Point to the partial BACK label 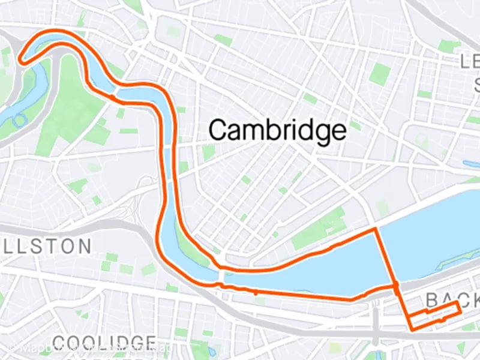pyautogui.click(x=450, y=299)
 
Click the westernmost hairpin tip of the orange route pyautogui.click(x=20, y=59)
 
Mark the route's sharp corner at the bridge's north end pyautogui.click(x=376, y=229)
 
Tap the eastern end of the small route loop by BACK pyautogui.click(x=460, y=308)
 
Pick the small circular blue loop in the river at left pyautogui.click(x=19, y=119)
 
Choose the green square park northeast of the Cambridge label pyautogui.click(x=379, y=73)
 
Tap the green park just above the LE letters pyautogui.click(x=447, y=46)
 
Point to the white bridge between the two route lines pyautogui.click(x=221, y=277)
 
